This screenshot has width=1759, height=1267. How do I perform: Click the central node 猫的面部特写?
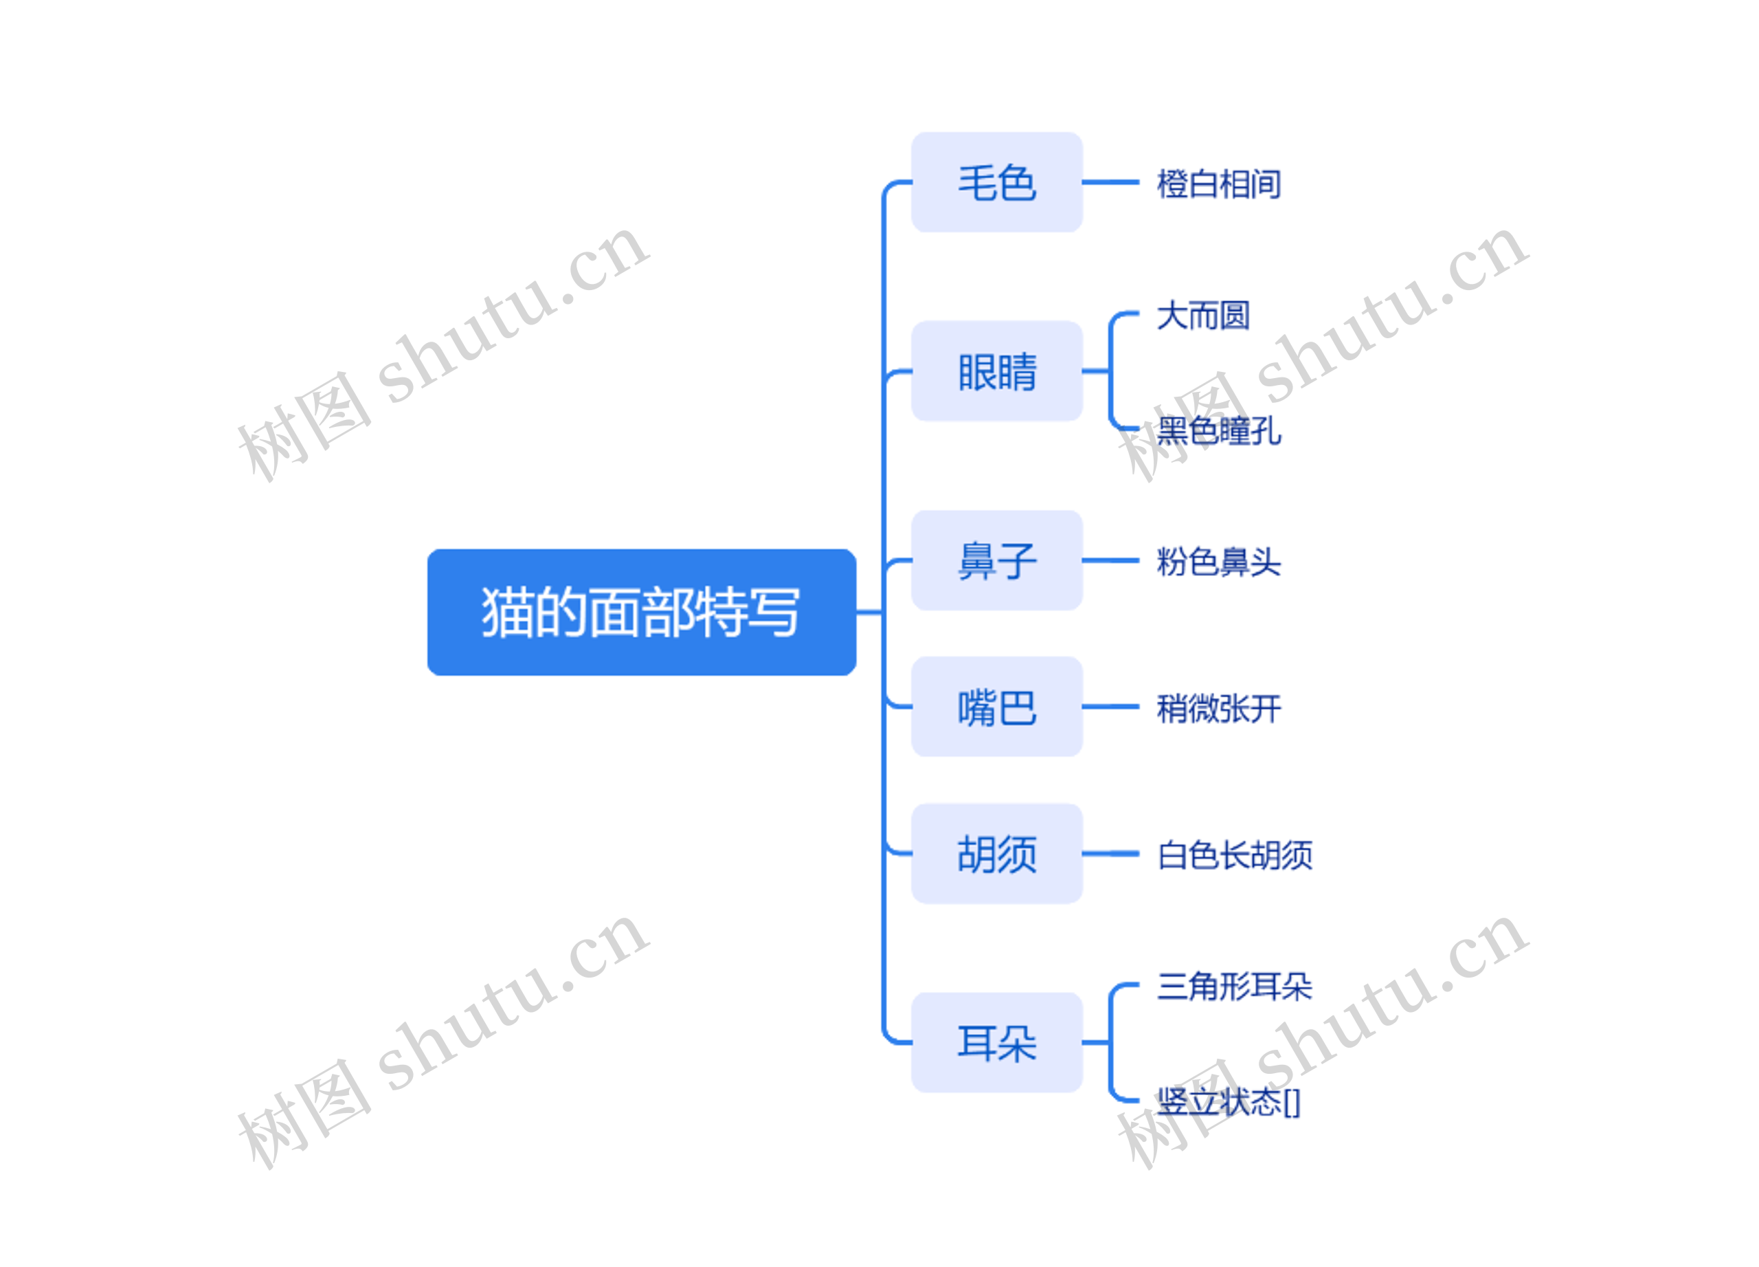pos(641,612)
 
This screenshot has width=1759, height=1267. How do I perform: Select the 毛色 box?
pos(996,182)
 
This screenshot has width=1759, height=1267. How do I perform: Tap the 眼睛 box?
pos(996,371)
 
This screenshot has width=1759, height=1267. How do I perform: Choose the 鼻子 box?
pos(996,560)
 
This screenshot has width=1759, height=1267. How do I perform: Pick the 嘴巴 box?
pos(996,707)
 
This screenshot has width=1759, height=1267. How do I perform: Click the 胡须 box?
pos(996,853)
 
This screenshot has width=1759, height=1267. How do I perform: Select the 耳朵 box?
pos(996,1043)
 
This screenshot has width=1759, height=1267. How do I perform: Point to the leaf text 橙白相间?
pos(1218,184)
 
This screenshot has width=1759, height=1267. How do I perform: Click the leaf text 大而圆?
pos(1203,316)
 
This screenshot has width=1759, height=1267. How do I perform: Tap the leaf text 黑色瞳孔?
pos(1218,430)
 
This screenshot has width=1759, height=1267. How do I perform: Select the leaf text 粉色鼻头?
pos(1218,562)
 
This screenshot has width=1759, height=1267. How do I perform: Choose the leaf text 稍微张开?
pos(1218,708)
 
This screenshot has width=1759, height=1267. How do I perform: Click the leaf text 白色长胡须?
pos(1235,855)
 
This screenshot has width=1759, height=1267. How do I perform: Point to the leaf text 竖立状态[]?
pos(1229,1102)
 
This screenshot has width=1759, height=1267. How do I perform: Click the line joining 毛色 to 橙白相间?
pos(1110,182)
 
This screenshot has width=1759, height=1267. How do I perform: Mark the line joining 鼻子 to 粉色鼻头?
pos(1110,560)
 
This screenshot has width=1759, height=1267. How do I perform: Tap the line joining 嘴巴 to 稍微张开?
pos(1110,707)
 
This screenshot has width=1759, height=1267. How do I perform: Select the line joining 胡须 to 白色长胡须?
pos(1110,853)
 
